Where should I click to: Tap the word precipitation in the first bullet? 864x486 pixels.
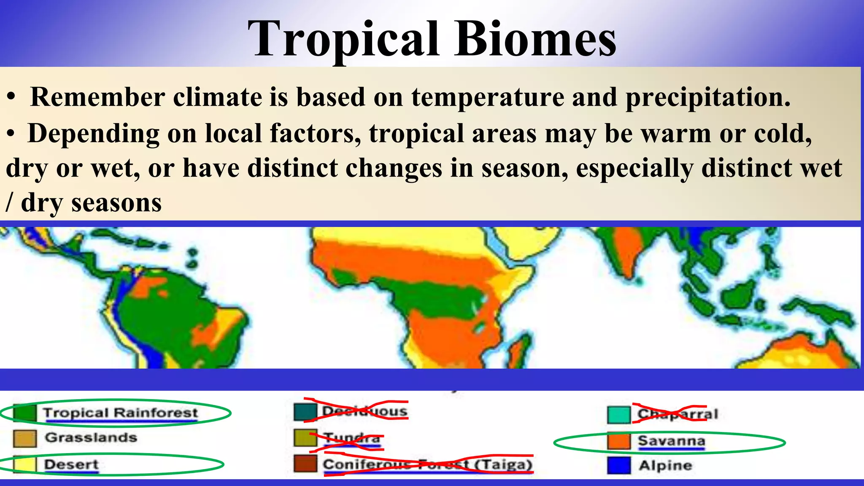707,97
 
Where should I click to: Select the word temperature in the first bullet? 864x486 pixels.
487,97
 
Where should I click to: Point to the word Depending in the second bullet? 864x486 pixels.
93,134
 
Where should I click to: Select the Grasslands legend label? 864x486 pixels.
91,437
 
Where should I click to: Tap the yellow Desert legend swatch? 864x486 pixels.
24,464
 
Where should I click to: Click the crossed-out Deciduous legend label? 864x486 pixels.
364,411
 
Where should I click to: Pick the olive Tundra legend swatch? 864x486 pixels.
305,438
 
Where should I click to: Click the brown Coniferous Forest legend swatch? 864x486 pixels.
305,464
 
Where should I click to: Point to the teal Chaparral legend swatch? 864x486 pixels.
619,415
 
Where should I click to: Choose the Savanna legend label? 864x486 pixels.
671,441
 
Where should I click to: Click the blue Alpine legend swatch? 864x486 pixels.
619,466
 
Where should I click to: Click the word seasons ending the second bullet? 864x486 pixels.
116,203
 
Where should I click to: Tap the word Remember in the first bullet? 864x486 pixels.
97,97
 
